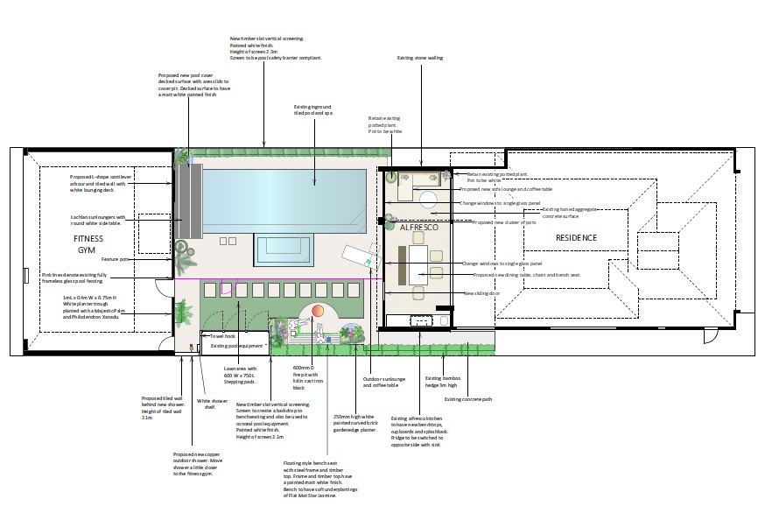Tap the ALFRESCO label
point(417,227)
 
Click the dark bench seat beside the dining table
point(402,262)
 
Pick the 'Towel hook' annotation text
point(223,336)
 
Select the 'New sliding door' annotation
point(481,293)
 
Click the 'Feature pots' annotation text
point(114,259)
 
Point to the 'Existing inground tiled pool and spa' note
point(313,110)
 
